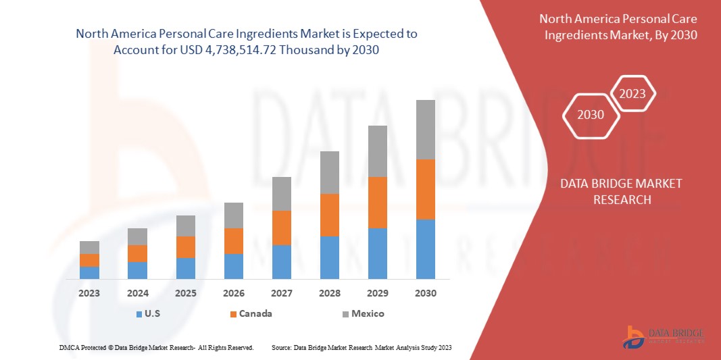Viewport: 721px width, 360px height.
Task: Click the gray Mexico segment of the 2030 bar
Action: (x=426, y=130)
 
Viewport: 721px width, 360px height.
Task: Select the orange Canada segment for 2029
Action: (x=377, y=203)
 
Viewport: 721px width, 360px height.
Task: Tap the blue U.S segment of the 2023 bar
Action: (x=89, y=272)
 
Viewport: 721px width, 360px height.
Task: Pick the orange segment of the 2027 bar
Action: (x=282, y=228)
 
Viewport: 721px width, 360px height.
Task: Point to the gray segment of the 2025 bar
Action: (x=185, y=226)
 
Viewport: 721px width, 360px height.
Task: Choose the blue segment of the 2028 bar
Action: (x=330, y=257)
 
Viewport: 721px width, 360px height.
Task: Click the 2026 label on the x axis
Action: (x=234, y=293)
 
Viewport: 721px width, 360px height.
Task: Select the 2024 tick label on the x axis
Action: (x=137, y=293)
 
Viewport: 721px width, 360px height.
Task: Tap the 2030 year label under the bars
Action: (x=426, y=293)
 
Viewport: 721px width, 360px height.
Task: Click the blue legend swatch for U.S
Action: (x=139, y=314)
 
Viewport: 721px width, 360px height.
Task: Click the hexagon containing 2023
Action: (x=632, y=94)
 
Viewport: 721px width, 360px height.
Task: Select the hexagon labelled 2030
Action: (x=591, y=115)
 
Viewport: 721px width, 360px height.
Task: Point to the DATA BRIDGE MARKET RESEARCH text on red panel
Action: (x=622, y=191)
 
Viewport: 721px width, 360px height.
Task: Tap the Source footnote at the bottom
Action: (x=361, y=347)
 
